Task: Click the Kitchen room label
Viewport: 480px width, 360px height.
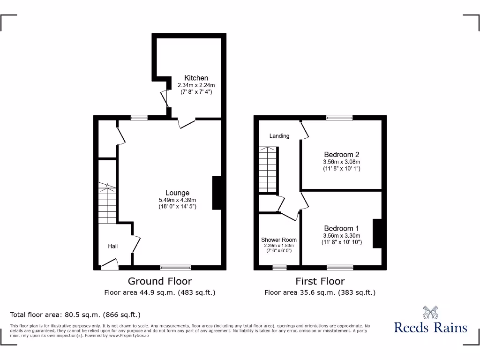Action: [196, 78]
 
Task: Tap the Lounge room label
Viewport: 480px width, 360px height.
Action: [177, 193]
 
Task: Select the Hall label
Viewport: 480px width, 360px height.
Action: [113, 246]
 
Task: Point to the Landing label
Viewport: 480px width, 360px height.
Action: [279, 136]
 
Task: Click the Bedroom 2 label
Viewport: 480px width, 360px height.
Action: [342, 155]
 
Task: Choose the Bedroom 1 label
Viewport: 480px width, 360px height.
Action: [342, 229]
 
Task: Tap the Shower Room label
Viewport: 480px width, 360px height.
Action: [279, 240]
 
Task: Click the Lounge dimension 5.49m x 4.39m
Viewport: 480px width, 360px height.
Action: [177, 200]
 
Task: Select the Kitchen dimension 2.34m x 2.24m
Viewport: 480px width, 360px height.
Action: [196, 85]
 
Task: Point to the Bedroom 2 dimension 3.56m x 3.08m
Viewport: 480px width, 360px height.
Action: [342, 162]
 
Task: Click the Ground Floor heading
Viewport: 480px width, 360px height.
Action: [160, 281]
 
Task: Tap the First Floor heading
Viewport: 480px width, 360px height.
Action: [320, 281]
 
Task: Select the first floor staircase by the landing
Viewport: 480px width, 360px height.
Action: [268, 169]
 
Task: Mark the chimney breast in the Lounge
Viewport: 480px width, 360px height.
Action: [217, 193]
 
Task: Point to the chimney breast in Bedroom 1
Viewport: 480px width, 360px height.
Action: [377, 233]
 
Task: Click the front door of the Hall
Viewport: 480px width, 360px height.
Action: [110, 266]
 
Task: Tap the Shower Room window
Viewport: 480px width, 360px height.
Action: [279, 268]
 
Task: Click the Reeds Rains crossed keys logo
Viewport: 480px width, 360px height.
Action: [430, 312]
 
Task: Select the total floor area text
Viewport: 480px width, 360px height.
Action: [75, 315]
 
